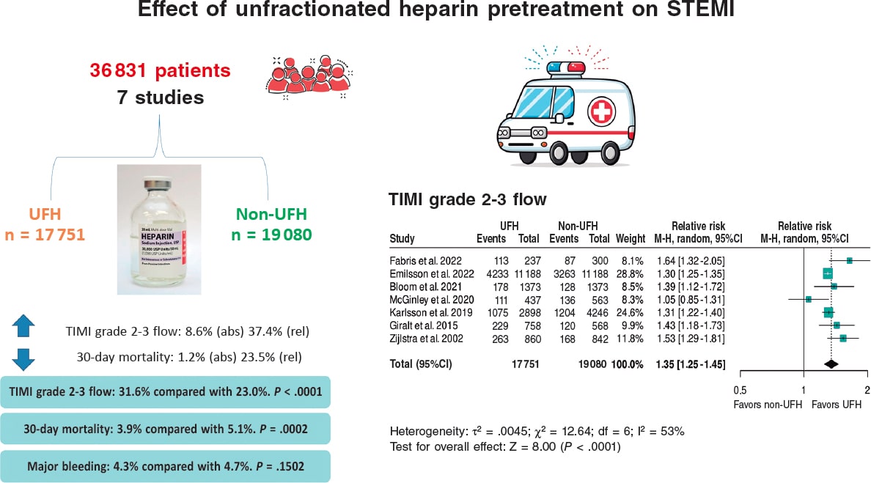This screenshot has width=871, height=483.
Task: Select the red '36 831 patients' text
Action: coord(161,71)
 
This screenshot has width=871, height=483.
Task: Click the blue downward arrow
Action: coord(23,358)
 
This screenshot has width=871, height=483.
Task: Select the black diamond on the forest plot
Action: coord(831,364)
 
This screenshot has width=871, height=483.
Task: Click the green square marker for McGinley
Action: coord(808,299)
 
